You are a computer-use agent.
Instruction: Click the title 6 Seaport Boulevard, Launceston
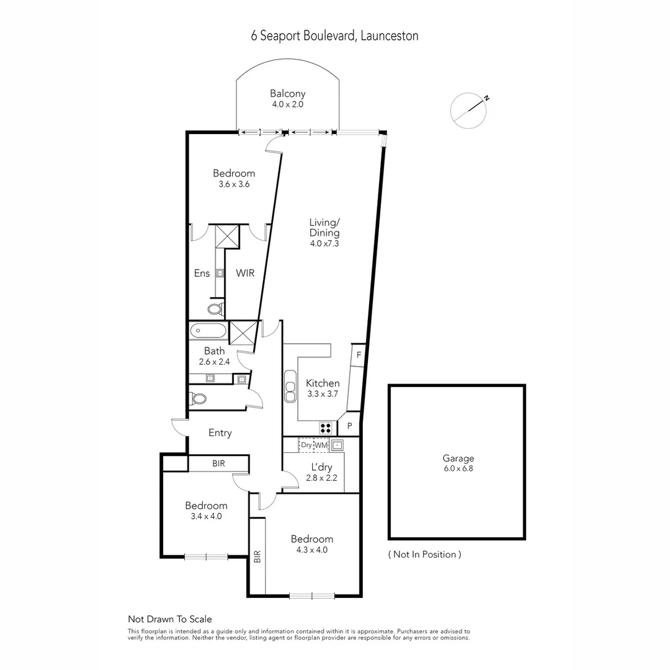[334, 36]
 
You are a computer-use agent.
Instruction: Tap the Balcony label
[287, 94]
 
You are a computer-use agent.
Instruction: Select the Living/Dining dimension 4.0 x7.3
[324, 243]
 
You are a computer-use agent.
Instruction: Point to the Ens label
[202, 273]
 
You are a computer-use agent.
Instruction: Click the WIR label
[245, 273]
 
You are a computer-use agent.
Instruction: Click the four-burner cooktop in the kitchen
[326, 427]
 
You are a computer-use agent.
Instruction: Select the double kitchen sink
[290, 388]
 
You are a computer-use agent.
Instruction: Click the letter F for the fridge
[359, 355]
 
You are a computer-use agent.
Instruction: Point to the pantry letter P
[350, 426]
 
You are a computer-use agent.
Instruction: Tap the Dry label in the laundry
[306, 445]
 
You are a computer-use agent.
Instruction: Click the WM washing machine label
[321, 445]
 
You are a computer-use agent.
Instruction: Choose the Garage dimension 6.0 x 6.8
[458, 468]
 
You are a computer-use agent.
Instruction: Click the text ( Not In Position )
[424, 554]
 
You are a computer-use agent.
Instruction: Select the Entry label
[220, 433]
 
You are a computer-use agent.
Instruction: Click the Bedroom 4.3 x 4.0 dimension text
[312, 550]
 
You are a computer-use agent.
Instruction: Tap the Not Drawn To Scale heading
[169, 619]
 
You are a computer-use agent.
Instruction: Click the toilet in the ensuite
[215, 308]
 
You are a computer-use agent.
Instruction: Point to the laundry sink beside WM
[337, 445]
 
